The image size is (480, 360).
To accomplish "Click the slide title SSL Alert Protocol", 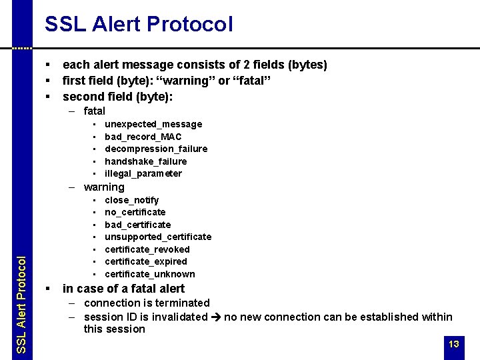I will (139, 25).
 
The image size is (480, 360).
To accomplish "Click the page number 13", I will (454, 344).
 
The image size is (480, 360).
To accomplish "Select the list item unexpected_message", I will (153, 124).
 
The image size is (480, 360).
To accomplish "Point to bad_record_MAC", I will (143, 137).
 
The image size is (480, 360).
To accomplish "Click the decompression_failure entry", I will (156, 149).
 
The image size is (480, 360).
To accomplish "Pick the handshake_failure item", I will (146, 161).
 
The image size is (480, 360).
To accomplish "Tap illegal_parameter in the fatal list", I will (143, 173).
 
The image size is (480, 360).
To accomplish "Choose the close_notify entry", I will (132, 200).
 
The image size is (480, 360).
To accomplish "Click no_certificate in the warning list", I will (135, 212).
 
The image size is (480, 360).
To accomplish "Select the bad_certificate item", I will (138, 225).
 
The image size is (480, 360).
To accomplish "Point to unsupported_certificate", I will (158, 237).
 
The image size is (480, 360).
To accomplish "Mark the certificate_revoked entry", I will (147, 249).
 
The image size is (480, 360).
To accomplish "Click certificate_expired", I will (146, 261).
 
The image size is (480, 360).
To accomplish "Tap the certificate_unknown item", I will (150, 274).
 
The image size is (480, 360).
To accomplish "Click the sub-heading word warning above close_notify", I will (104, 187).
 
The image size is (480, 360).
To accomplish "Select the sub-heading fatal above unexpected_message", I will (95, 111).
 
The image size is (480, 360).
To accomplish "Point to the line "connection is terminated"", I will (147, 303).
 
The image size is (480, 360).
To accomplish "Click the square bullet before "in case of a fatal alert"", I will (48, 289).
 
